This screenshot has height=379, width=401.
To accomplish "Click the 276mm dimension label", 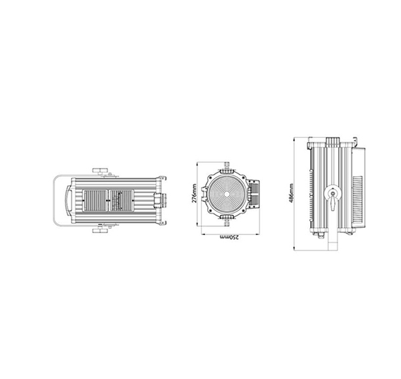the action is coord(194,194).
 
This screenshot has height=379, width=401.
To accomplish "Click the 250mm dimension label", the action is coord(229,237).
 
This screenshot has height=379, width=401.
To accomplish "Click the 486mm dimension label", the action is coord(291,193).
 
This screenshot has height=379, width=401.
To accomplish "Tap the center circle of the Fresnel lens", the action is coord(227,194).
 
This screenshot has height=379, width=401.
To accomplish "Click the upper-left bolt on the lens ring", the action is coord(211,177).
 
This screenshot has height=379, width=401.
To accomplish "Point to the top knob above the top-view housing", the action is coord(100,170).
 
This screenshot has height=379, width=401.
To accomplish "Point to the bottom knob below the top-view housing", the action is coord(100,230).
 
